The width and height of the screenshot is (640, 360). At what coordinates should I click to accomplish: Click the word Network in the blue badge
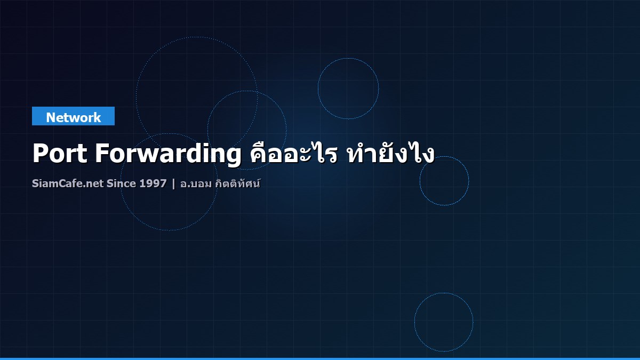73,117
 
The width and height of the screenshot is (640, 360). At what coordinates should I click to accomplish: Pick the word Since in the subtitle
122,184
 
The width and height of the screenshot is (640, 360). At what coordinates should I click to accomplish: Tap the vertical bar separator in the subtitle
173,184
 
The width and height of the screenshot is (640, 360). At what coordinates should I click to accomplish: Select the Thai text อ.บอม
196,184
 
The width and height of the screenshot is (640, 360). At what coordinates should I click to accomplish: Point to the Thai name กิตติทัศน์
238,183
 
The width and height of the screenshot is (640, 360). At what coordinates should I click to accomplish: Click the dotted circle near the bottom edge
444,322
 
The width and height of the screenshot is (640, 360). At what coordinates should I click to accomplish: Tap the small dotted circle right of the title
444,181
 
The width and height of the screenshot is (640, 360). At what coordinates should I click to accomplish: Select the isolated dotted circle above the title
348,89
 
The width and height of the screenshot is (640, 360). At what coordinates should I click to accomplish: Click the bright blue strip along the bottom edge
320,358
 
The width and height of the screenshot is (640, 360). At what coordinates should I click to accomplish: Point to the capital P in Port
40,154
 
